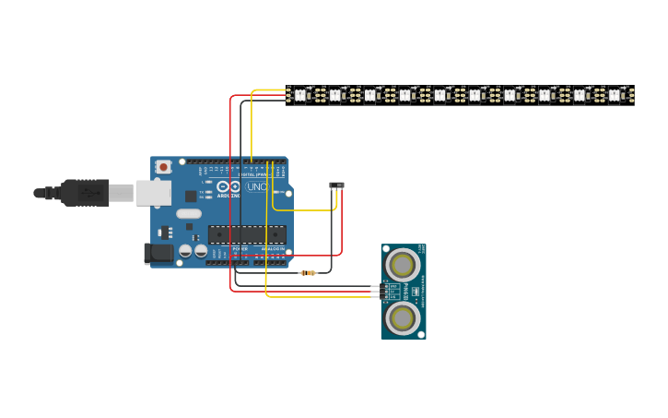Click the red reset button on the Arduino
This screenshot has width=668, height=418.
pyautogui.click(x=163, y=167)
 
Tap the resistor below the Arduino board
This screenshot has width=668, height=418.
pyautogui.click(x=308, y=273)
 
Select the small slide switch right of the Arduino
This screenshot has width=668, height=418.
pyautogui.click(x=337, y=185)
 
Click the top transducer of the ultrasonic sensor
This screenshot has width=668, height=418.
pyautogui.click(x=403, y=266)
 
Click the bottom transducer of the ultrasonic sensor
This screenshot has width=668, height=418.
pyautogui.click(x=403, y=318)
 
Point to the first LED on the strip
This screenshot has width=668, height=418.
pyautogui.click(x=299, y=94)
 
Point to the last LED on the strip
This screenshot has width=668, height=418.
pyautogui.click(x=615, y=94)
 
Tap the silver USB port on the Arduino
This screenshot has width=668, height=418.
pyautogui.click(x=153, y=193)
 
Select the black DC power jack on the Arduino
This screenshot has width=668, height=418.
pyautogui.click(x=158, y=253)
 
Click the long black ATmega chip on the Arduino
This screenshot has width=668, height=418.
pyautogui.click(x=247, y=234)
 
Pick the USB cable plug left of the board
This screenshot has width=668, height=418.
pyautogui.click(x=87, y=193)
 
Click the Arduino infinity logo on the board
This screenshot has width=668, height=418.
pyautogui.click(x=229, y=186)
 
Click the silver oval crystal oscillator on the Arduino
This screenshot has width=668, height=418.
pyautogui.click(x=189, y=214)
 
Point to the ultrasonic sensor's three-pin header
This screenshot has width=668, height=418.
pyautogui.click(x=376, y=292)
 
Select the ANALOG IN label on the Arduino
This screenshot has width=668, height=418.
pyautogui.click(x=274, y=249)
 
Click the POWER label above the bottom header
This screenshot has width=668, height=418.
pyautogui.click(x=240, y=249)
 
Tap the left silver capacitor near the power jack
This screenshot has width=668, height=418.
pyautogui.click(x=185, y=250)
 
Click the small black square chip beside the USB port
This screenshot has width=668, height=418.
pyautogui.click(x=191, y=196)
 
